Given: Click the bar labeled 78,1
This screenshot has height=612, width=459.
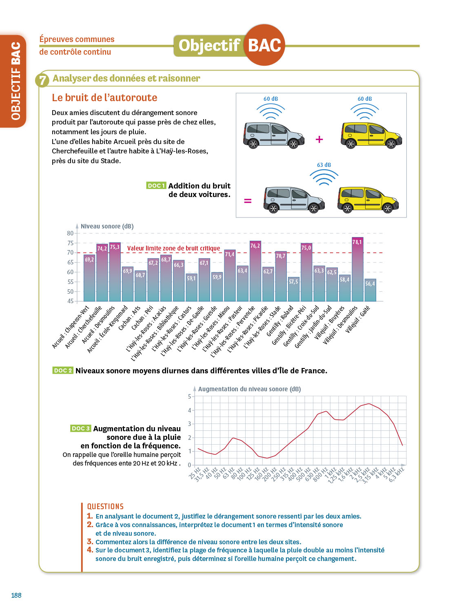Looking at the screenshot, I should coord(357,269).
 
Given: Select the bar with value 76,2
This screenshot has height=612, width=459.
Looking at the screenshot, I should coord(255,271).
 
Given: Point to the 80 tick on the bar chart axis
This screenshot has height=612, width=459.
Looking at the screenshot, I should coord(70,233).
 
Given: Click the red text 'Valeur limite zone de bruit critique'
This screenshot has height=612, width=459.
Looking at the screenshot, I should coord(173,248).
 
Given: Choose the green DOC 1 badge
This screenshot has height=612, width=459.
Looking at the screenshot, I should coord(156,186).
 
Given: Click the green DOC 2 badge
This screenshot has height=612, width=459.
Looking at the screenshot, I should coord(63,370).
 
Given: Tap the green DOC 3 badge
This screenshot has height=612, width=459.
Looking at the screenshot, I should coord(80,428).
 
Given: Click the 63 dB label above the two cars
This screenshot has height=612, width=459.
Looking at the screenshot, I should coord(324,165).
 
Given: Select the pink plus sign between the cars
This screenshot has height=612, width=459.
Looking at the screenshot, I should coord(319,139).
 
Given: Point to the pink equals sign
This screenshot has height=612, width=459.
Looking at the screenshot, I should coord(248,201).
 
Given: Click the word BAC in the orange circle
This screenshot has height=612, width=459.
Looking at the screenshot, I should coord(264,45).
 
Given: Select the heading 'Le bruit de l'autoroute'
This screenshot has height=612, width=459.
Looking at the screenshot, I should coord(104,98).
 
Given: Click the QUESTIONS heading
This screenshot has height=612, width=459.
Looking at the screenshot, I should coord(105,506).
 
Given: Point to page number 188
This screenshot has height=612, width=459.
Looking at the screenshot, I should coord(16,595).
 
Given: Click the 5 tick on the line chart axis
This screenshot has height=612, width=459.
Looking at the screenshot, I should coord(189,397).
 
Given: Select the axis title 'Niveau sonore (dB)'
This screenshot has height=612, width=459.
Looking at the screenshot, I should coord(107,226).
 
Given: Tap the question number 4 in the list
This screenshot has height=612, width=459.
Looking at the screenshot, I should coord(90,550).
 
